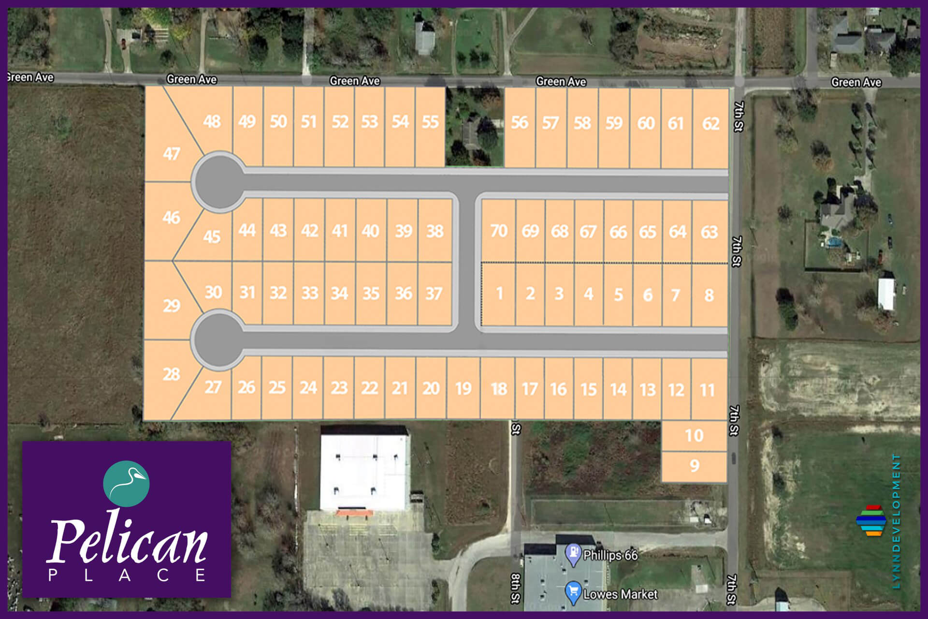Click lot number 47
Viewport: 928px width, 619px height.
pyautogui.click(x=171, y=154)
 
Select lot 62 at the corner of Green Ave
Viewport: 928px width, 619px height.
pyautogui.click(x=710, y=124)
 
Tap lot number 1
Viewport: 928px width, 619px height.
pyautogui.click(x=499, y=294)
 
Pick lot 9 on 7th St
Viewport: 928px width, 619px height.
pyautogui.click(x=694, y=466)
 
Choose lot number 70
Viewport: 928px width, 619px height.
pyautogui.click(x=499, y=231)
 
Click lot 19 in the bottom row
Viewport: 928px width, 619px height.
pyautogui.click(x=463, y=388)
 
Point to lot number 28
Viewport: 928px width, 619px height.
pyautogui.click(x=171, y=374)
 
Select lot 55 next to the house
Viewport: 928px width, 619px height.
pyautogui.click(x=430, y=122)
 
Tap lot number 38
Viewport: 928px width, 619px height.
pyautogui.click(x=435, y=231)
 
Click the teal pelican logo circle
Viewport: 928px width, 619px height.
pyautogui.click(x=126, y=484)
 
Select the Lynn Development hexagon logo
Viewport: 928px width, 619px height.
pyautogui.click(x=870, y=520)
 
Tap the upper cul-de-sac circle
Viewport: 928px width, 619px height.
pyautogui.click(x=218, y=182)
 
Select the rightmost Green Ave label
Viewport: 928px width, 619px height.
pyautogui.click(x=855, y=83)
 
